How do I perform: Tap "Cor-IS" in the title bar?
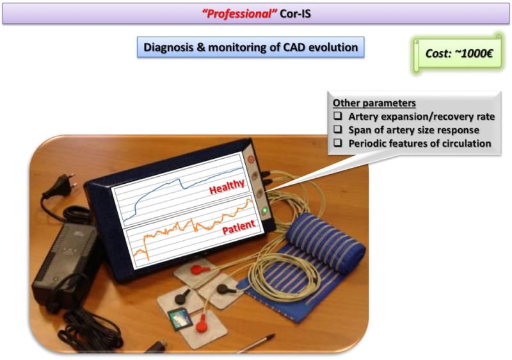[295, 13]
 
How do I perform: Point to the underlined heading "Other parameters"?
[374, 103]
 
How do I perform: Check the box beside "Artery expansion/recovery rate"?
[338, 116]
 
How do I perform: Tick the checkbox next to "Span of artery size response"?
[338, 129]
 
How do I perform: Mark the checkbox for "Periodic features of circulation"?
[338, 143]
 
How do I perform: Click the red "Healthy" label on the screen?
[227, 186]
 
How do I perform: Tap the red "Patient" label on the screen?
[239, 227]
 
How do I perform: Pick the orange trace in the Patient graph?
[193, 229]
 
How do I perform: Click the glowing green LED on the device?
[265, 211]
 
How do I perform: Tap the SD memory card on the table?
[180, 318]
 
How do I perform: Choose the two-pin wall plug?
[60, 187]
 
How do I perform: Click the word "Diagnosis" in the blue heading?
[168, 47]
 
